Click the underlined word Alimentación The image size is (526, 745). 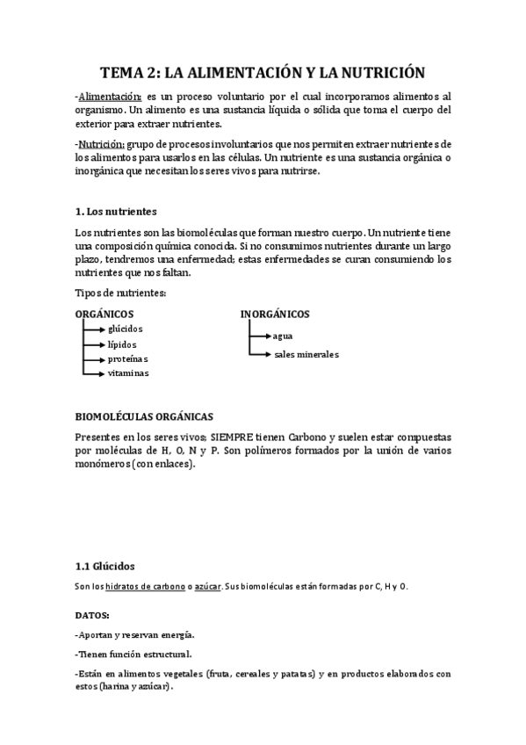(109, 96)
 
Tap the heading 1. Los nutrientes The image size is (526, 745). (116, 212)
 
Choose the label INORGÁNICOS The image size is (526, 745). (274, 314)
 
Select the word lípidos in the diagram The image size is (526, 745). (122, 344)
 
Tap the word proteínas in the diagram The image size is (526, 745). (127, 358)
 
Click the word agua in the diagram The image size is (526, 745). (283, 336)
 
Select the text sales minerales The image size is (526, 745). (306, 355)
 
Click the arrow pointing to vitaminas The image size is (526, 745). (94, 373)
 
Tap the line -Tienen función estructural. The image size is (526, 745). (133, 654)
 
